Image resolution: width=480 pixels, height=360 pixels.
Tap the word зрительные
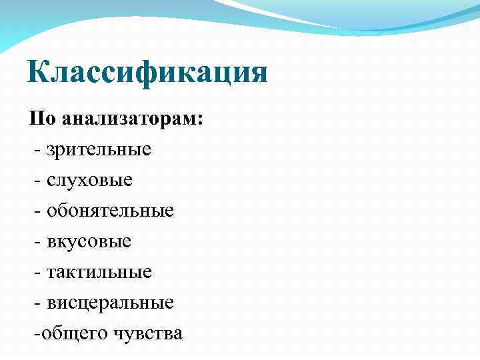click(x=99, y=149)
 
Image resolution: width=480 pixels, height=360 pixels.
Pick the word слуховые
click(x=90, y=180)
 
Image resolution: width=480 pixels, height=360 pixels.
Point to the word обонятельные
click(x=111, y=211)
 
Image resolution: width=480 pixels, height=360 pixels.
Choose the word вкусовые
click(x=89, y=241)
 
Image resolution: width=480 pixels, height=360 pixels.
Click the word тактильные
click(x=99, y=272)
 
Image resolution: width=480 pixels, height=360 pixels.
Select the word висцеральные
click(x=111, y=303)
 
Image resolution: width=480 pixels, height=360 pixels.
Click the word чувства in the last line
click(x=147, y=333)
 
